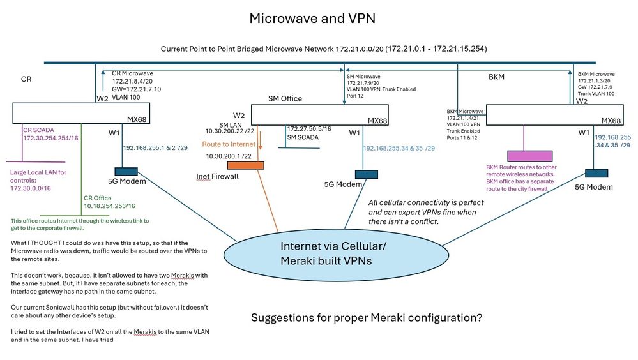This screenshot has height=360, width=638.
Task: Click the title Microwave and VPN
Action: [312, 19]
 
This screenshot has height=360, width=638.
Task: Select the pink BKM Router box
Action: [529, 156]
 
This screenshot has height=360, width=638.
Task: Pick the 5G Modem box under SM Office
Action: [365, 174]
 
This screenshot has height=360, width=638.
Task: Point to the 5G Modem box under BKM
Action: [594, 173]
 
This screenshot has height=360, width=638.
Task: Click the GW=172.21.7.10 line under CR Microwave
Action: [136, 89]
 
